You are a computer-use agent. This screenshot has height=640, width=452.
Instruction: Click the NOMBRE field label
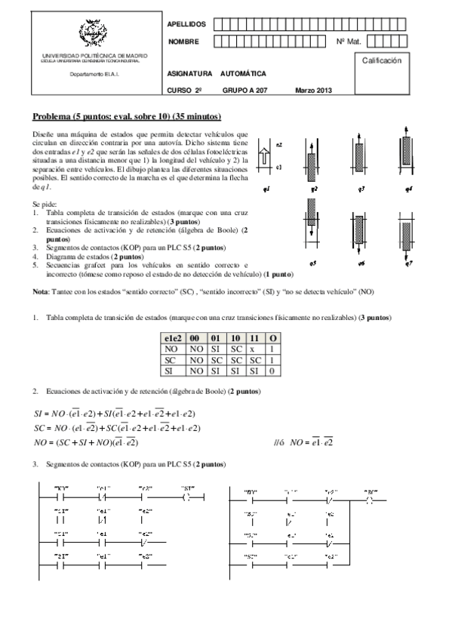[183, 41]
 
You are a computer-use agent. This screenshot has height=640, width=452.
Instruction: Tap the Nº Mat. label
[348, 41]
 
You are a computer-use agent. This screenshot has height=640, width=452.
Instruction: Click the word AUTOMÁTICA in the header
[243, 75]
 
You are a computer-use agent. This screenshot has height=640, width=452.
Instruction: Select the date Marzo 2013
[313, 91]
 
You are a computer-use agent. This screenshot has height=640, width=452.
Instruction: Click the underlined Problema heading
[126, 116]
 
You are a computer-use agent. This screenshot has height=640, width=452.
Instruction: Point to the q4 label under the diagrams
[407, 189]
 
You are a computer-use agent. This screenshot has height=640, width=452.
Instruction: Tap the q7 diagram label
[407, 263]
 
